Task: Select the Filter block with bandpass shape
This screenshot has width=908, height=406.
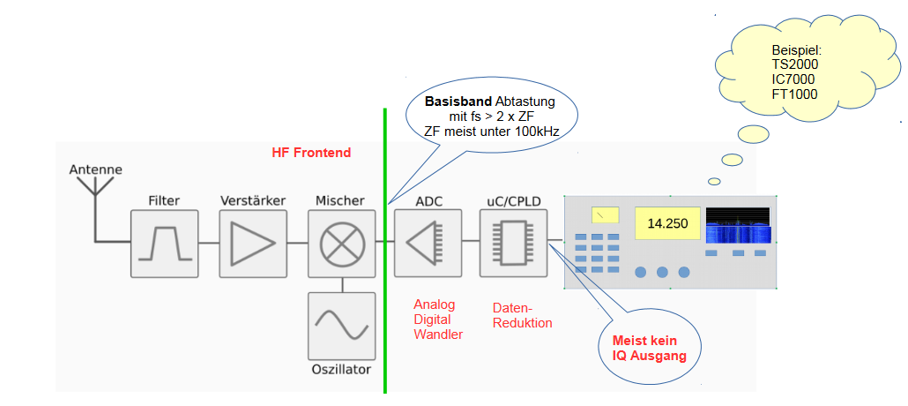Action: [164, 243]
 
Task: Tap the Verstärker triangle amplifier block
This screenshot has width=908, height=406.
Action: [253, 243]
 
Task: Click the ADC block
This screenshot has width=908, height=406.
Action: [429, 243]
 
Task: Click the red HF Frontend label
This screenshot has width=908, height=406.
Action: [311, 153]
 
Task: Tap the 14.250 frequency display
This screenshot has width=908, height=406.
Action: [667, 222]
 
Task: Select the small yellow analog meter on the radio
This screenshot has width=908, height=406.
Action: [605, 214]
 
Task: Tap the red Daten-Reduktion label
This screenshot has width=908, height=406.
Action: [522, 315]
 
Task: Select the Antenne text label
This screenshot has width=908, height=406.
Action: [95, 169]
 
